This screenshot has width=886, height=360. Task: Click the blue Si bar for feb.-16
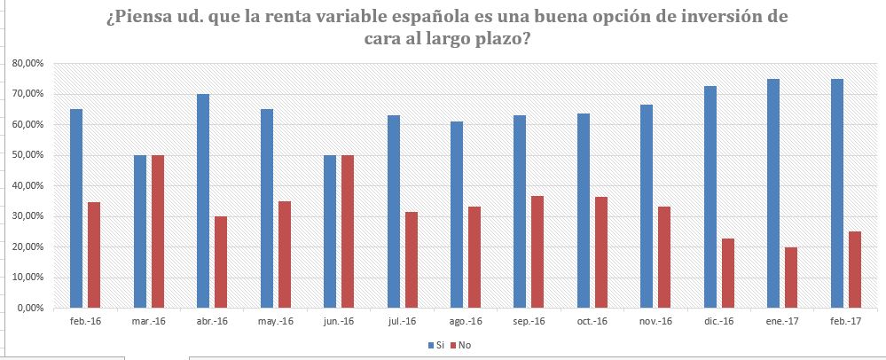(x=76, y=208)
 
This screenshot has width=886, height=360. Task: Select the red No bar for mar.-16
(x=158, y=231)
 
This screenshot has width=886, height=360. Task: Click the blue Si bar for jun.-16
(x=330, y=231)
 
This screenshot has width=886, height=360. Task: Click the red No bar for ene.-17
(x=791, y=278)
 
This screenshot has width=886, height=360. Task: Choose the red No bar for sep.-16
(x=538, y=252)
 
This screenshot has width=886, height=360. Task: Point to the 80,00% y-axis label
(x=27, y=64)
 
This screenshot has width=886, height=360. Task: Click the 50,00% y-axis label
(x=27, y=155)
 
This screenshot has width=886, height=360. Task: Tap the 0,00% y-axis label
(x=29, y=309)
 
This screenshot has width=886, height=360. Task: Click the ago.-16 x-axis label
(x=466, y=321)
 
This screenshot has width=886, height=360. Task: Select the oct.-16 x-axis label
(x=593, y=321)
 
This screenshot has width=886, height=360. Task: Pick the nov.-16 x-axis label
(x=656, y=321)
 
